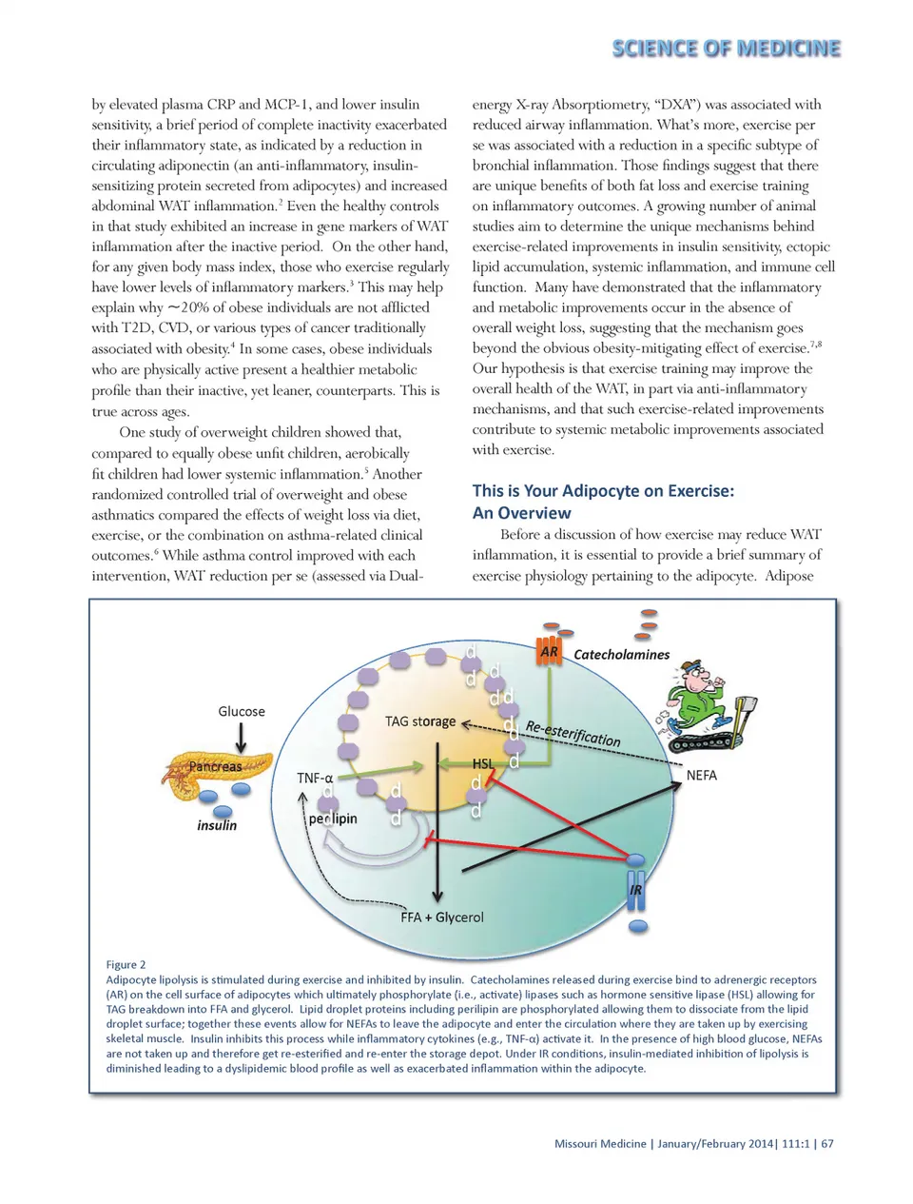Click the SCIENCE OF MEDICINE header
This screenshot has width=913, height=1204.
[726, 49]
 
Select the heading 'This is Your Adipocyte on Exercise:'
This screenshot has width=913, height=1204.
[603, 491]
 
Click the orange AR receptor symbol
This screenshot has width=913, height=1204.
[549, 651]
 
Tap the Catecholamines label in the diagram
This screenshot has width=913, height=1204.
[621, 655]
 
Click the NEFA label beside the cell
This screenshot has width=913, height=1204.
[701, 776]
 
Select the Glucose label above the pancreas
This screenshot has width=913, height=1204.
[242, 711]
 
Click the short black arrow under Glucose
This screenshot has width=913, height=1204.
[242, 737]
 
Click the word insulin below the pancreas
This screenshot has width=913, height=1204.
[217, 825]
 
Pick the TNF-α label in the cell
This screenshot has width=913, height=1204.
[315, 778]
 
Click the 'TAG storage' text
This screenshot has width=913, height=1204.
[420, 721]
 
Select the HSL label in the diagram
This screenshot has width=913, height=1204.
[483, 763]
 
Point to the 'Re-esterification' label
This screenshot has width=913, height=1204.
[573, 733]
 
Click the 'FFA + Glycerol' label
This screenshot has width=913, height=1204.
[441, 918]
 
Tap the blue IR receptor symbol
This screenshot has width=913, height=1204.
[636, 889]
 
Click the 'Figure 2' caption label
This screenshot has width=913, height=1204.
[126, 964]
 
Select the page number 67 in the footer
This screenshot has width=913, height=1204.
[827, 1143]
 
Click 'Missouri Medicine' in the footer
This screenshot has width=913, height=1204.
[600, 1143]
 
